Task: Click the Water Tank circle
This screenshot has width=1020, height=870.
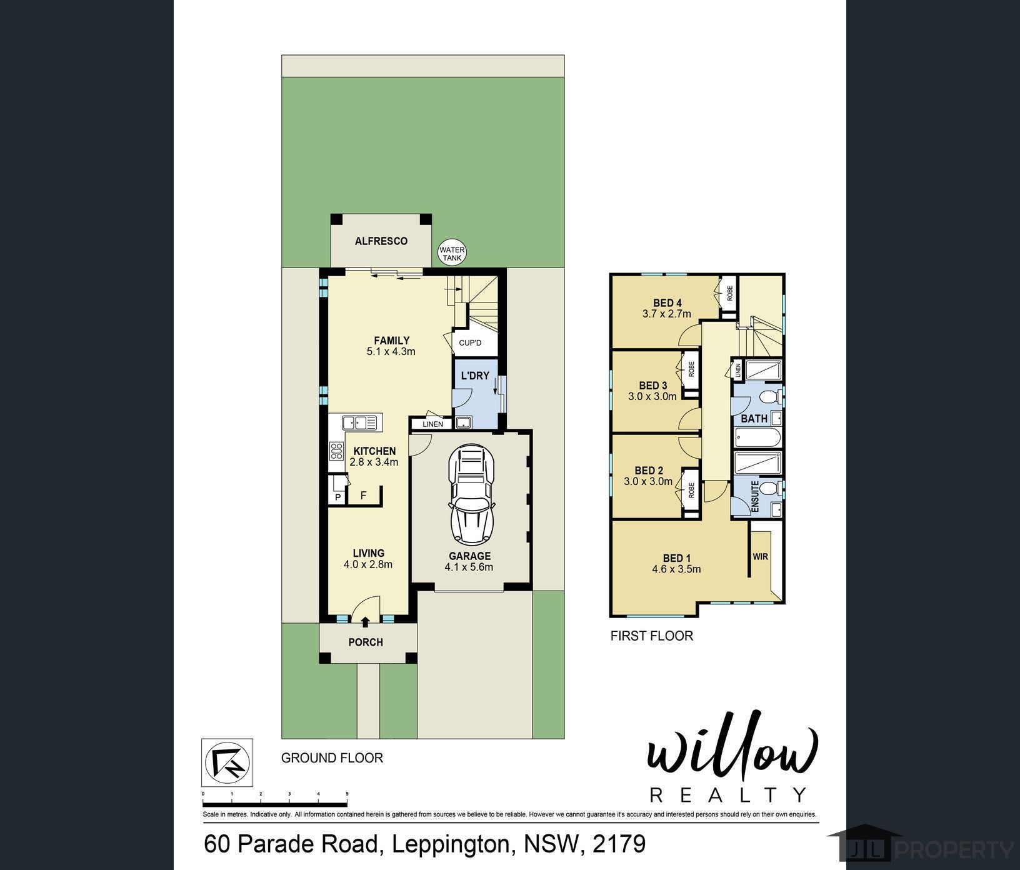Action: (452, 253)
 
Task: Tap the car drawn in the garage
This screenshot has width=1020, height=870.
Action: (470, 494)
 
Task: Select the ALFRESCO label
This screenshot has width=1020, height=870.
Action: (381, 241)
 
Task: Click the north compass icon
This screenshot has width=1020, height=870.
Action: (227, 762)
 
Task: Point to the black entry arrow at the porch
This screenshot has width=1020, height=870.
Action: (364, 621)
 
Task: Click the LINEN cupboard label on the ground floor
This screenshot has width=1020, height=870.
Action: (432, 424)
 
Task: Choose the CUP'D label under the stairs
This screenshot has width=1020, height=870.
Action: (470, 343)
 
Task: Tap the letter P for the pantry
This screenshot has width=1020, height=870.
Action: (338, 497)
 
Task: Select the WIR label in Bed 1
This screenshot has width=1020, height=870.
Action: (760, 557)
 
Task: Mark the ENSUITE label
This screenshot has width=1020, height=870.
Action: (755, 497)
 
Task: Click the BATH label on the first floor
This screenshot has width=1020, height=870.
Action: (754, 419)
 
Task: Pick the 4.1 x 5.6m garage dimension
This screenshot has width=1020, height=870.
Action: (469, 567)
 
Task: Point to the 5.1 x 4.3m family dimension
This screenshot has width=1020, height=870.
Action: (391, 352)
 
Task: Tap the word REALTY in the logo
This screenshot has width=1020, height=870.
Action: (728, 794)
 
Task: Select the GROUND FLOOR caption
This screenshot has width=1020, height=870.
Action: (332, 758)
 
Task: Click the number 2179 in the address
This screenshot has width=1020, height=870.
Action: (619, 844)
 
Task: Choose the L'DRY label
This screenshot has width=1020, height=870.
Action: (475, 376)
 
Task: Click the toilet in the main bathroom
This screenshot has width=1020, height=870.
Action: (770, 397)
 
